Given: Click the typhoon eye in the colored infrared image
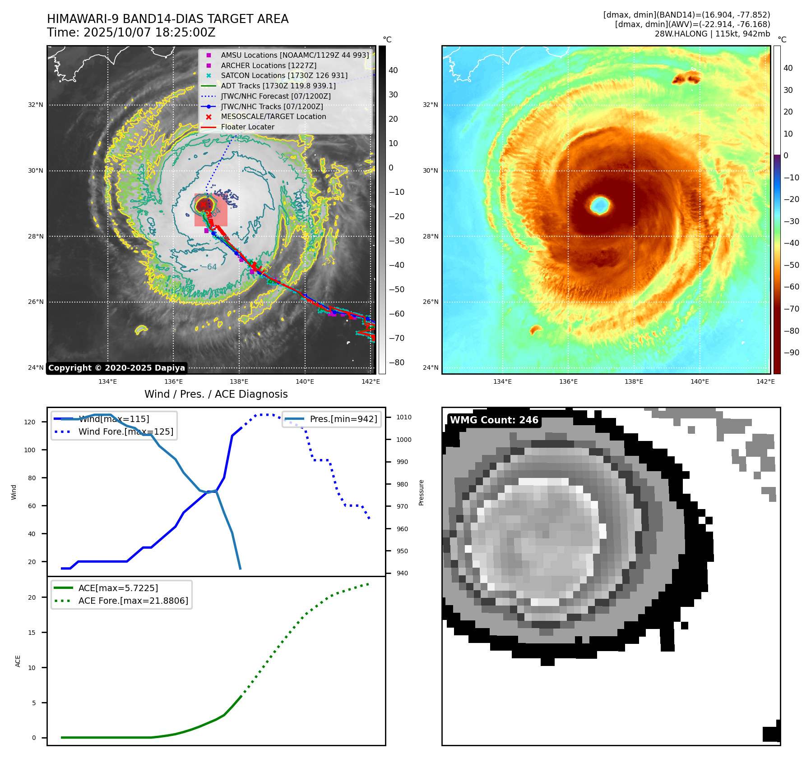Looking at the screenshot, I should [600, 206].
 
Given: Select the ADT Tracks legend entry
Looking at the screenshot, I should [278, 86].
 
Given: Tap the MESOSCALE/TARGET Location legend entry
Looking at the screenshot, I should [273, 116].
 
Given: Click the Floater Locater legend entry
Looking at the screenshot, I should [247, 127].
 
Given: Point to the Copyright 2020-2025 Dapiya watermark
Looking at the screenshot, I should [116, 368].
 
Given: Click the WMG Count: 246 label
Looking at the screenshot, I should [494, 420].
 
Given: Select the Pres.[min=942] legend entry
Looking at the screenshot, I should [343, 419].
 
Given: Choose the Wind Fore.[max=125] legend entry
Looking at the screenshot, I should [125, 431].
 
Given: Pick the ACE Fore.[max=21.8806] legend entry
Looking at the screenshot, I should [133, 601].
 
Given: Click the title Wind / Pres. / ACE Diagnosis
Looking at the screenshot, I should [216, 394].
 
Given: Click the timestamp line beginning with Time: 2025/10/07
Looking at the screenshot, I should [131, 32].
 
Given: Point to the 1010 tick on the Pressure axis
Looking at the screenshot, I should [404, 417].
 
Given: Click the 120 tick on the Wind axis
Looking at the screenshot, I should [29, 422].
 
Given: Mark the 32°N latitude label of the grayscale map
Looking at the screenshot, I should [36, 105].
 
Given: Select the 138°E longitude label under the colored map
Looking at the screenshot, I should [634, 381].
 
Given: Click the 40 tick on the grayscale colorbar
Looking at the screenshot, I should [393, 70].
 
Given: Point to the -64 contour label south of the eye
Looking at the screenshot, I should [209, 267].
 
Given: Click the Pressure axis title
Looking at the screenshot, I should [421, 492].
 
